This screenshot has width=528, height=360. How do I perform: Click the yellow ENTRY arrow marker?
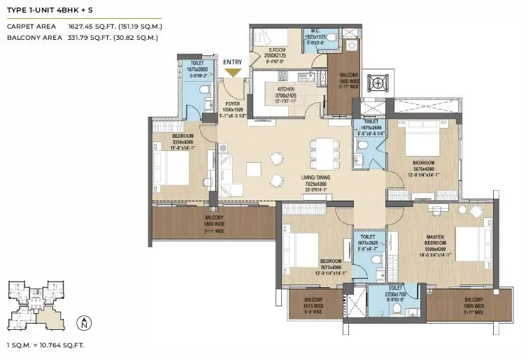[232, 72]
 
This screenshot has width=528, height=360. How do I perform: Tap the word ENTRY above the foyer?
[232, 62]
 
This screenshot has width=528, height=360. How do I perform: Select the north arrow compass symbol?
[84, 324]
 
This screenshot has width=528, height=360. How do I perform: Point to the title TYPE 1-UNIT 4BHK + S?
[50, 10]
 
